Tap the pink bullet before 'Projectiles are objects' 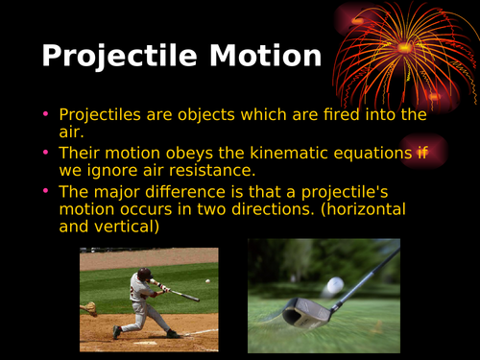point(45,115)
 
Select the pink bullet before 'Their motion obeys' point(45,153)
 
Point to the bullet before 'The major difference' point(45,190)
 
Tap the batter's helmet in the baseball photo point(144,273)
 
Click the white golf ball point(333,285)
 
